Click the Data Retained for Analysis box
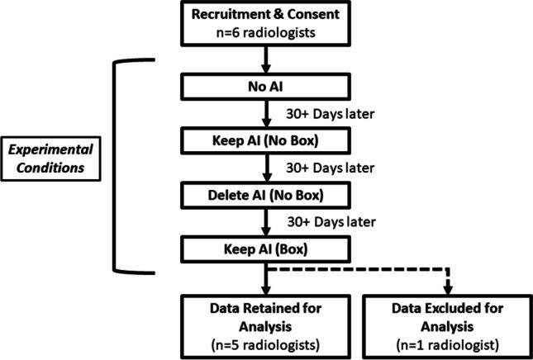pyautogui.click(x=266, y=323)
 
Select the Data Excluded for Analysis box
pyautogui.click(x=448, y=323)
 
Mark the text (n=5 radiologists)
pyautogui.click(x=266, y=340)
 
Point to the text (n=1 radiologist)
pyautogui.click(x=448, y=340)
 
